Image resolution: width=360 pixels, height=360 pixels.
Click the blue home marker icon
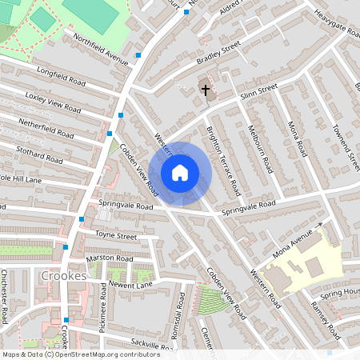180,173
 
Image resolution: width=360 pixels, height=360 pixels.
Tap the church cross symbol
205,90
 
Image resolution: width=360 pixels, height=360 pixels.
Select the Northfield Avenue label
100,50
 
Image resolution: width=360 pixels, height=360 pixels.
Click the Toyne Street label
116,236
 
